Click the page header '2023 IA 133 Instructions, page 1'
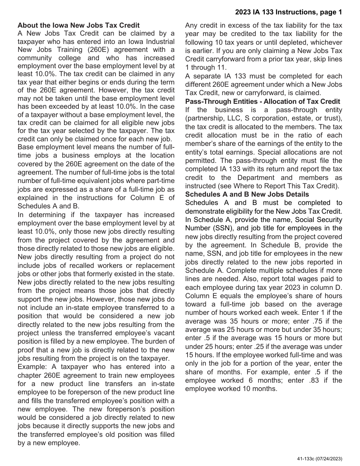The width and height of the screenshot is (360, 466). click(x=288, y=12)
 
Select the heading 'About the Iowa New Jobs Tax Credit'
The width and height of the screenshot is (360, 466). click(x=78, y=25)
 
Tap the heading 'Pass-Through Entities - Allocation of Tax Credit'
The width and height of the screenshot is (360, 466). click(x=263, y=102)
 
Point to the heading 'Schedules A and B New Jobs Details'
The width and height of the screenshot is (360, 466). click(x=247, y=194)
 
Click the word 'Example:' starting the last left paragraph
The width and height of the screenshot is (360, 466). click(x=31, y=367)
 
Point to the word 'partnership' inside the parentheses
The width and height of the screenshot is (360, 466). click(x=204, y=119)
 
